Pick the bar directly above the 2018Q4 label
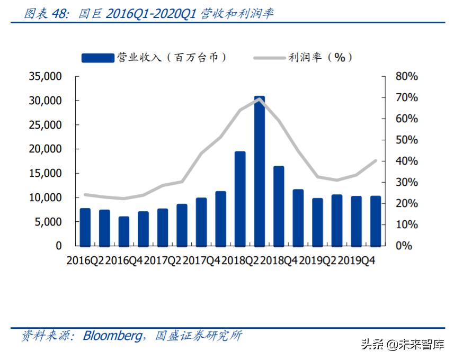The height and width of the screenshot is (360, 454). pos(279,206)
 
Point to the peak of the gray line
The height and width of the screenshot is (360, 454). pos(259,98)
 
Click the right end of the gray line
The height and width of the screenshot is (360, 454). pos(376,160)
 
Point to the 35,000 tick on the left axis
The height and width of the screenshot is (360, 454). pos(45,77)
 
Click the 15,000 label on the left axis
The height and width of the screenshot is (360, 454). pos(45,174)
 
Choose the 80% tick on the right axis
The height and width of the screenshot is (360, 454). pos(406,77)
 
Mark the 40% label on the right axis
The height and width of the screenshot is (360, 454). pos(406,161)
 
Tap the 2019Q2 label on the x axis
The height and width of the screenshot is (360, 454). pos(317,260)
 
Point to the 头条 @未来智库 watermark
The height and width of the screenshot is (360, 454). pos(403,345)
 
